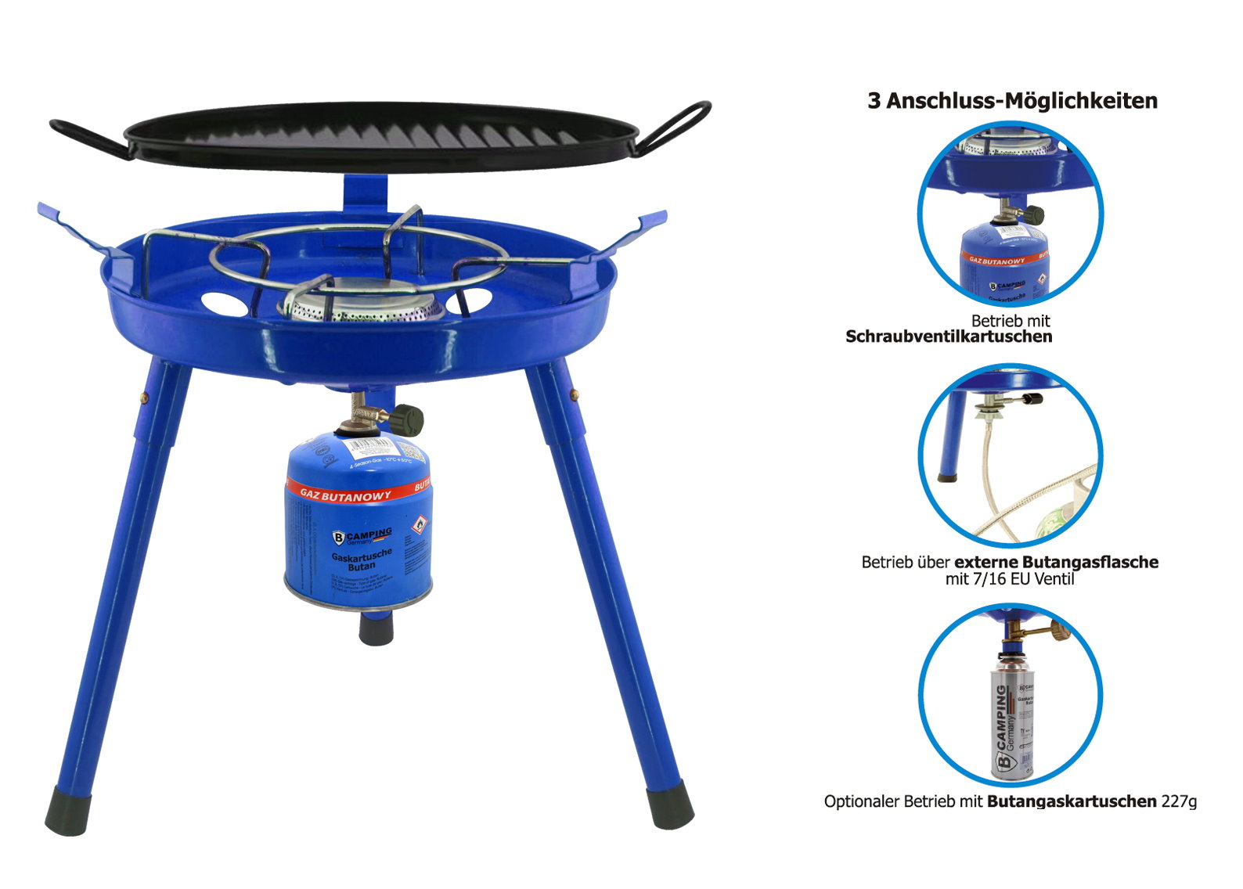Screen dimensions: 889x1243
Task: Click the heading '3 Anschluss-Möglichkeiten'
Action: click(1012, 101)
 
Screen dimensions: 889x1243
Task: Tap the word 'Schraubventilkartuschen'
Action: click(949, 337)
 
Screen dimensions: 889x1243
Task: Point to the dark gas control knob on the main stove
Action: click(407, 420)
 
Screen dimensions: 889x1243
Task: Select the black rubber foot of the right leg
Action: click(670, 805)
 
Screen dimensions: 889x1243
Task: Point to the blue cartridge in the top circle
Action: click(1003, 262)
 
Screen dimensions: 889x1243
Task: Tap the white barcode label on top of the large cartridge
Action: click(372, 448)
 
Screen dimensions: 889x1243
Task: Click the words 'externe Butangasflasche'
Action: click(1056, 563)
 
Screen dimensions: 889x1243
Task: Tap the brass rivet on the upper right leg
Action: click(574, 394)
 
